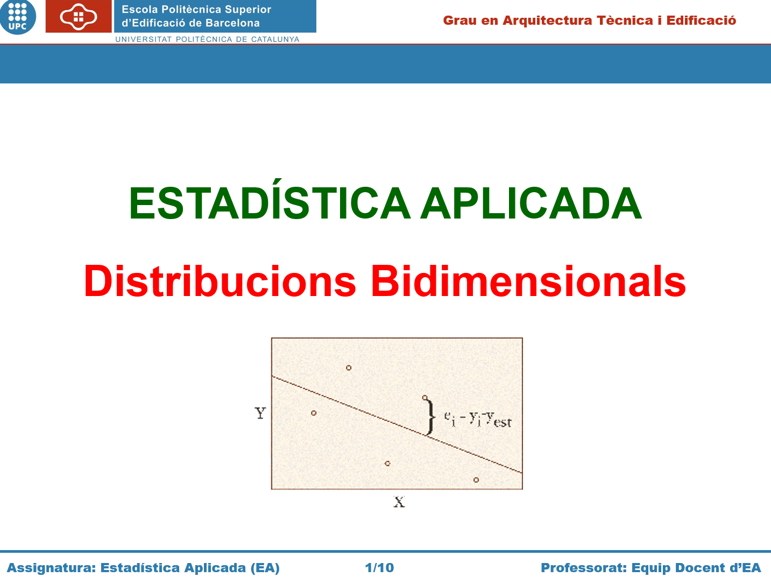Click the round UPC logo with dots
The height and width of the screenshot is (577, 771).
click(x=18, y=17)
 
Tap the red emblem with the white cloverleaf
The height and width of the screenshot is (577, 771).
click(x=79, y=16)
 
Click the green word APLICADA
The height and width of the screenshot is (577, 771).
click(x=531, y=203)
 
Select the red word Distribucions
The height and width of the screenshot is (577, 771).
click(x=220, y=282)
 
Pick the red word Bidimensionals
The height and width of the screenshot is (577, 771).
click(x=528, y=282)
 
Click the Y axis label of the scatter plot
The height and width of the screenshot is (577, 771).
click(x=260, y=413)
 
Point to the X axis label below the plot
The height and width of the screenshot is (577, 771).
click(x=399, y=502)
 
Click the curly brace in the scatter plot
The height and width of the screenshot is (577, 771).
click(x=430, y=417)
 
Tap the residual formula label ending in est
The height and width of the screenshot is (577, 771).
click(x=478, y=419)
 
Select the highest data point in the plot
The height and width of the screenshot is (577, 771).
click(x=349, y=368)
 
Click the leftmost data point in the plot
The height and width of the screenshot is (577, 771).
click(x=314, y=413)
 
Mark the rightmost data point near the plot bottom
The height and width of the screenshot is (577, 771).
click(x=476, y=480)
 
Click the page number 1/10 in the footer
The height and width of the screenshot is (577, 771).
click(x=379, y=567)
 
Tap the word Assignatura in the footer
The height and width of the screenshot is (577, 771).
click(x=51, y=568)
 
